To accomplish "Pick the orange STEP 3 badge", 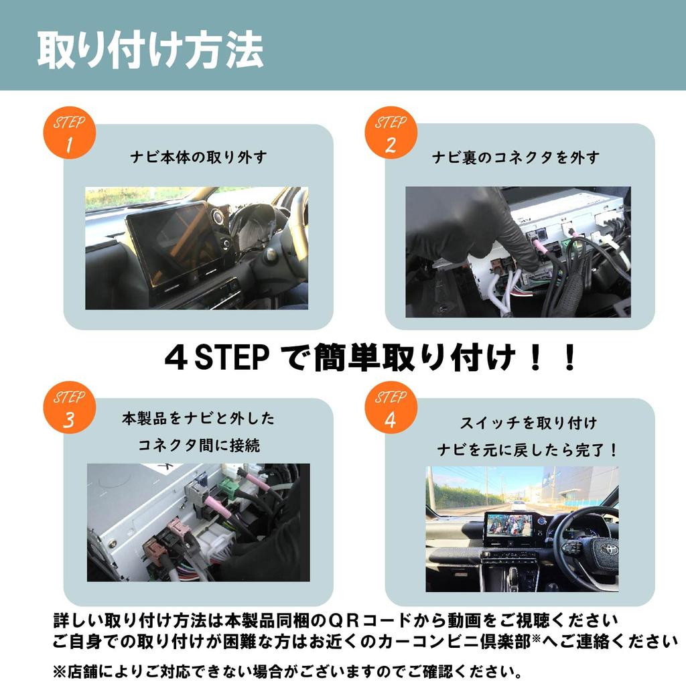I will [x=70, y=409].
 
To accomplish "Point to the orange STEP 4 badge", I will [x=391, y=409].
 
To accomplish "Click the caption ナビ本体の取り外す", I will [x=198, y=157].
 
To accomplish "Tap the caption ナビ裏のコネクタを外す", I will [x=516, y=157].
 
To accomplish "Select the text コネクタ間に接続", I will [x=199, y=445].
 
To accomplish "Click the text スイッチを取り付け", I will [x=528, y=423].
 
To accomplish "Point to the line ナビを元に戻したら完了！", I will [x=527, y=450].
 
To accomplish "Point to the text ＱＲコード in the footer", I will [x=349, y=620].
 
